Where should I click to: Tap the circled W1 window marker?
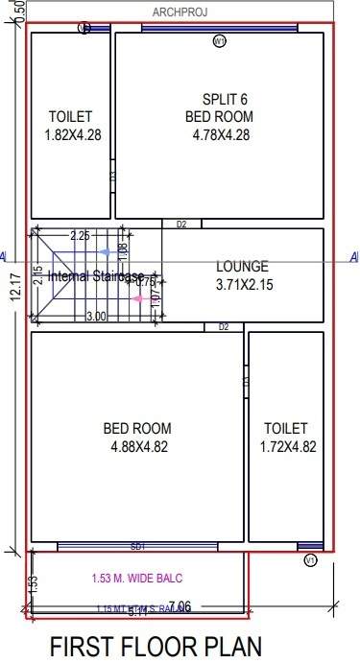[219, 41]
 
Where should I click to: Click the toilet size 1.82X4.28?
[71, 135]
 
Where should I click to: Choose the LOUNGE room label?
[242, 266]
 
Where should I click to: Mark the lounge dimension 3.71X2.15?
[242, 284]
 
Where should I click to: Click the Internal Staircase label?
[96, 276]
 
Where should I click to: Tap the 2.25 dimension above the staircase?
[80, 235]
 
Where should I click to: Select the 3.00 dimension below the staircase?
[96, 317]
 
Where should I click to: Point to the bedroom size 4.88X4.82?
[137, 446]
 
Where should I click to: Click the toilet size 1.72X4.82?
[287, 446]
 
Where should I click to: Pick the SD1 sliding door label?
[137, 547]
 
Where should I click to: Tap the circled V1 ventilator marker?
[309, 559]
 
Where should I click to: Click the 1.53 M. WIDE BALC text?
[137, 578]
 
